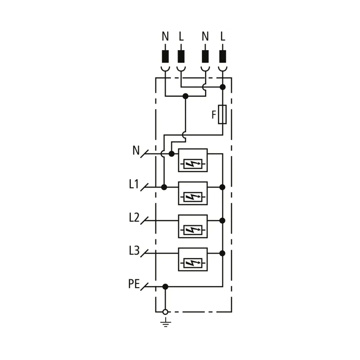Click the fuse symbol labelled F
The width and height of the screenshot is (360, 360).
click(x=222, y=114)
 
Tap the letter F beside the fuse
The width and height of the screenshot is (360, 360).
click(x=214, y=115)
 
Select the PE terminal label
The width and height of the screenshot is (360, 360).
click(x=134, y=284)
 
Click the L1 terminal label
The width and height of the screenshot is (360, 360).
click(x=134, y=184)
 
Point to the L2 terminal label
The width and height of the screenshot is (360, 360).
click(x=134, y=217)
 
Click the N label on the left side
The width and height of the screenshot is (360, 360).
click(x=136, y=151)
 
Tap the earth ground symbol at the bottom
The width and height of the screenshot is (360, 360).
click(x=165, y=323)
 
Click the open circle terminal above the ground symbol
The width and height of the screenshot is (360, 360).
click(x=165, y=312)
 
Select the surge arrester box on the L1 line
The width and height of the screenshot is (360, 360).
click(x=193, y=193)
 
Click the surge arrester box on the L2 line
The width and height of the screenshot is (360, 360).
click(x=193, y=226)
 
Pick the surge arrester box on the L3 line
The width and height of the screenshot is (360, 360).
click(x=193, y=259)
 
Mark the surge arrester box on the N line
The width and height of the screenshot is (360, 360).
click(x=193, y=160)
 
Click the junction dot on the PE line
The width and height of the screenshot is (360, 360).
click(x=165, y=287)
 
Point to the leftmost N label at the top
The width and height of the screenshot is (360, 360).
click(x=165, y=37)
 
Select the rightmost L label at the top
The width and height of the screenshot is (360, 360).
click(x=222, y=37)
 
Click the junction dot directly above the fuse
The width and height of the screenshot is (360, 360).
click(x=223, y=87)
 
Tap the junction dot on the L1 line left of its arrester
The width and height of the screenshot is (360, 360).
click(x=164, y=187)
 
